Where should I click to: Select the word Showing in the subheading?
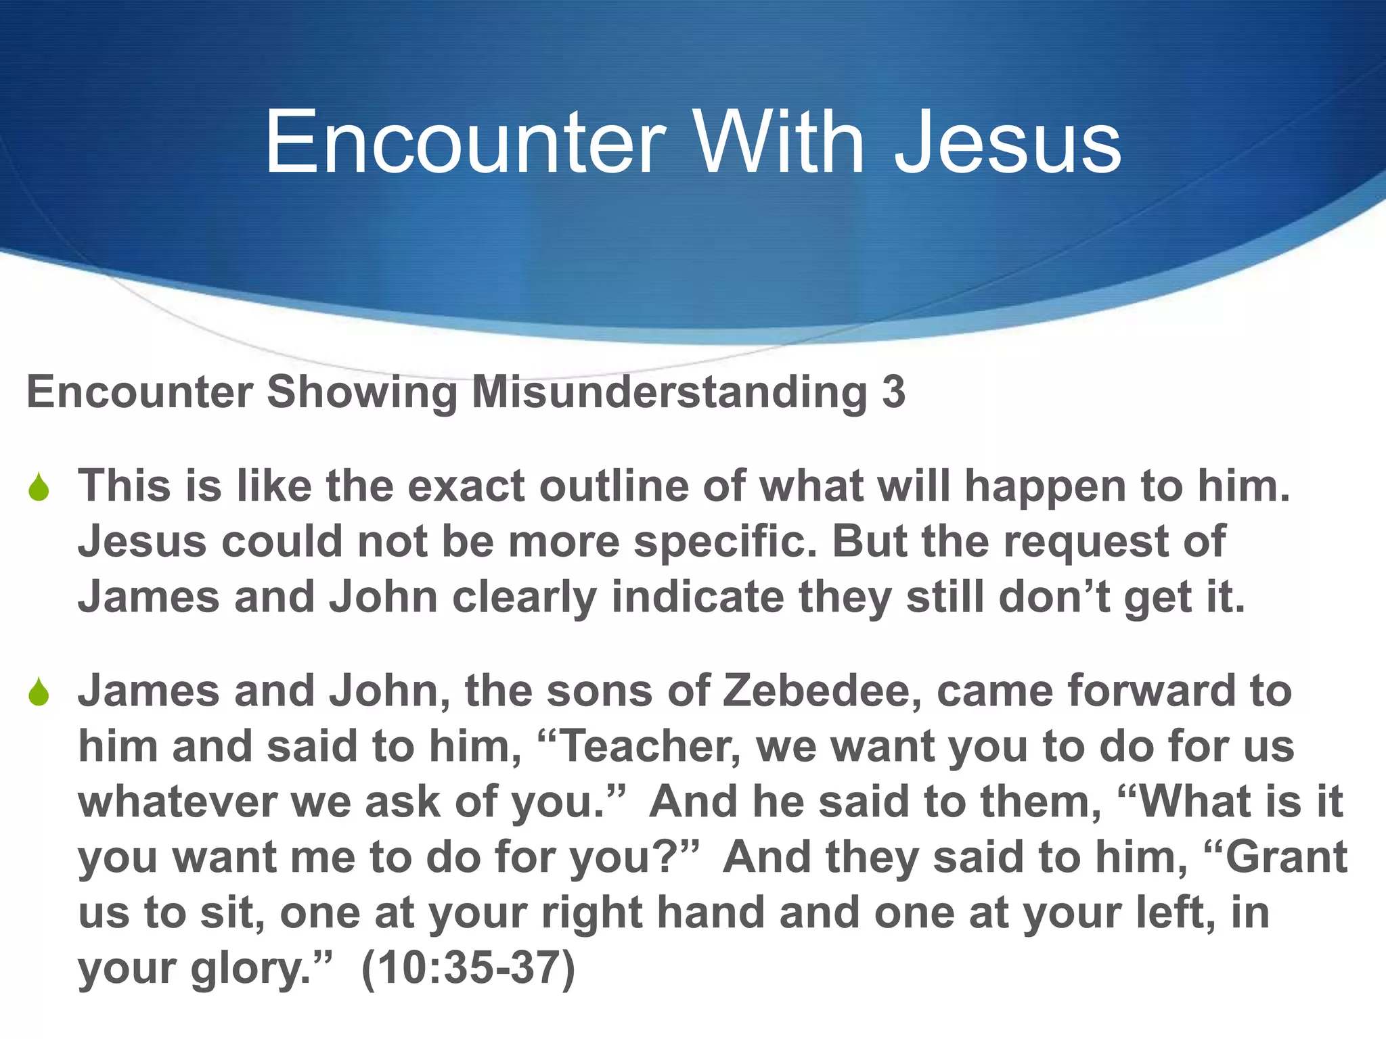[x=362, y=392]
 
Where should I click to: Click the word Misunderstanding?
[x=669, y=392]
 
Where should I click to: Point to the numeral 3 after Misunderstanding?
[x=893, y=392]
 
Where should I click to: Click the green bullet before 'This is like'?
[x=39, y=488]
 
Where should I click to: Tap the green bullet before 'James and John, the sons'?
[x=39, y=693]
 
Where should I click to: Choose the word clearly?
[x=524, y=598]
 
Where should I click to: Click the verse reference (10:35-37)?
[x=468, y=969]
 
